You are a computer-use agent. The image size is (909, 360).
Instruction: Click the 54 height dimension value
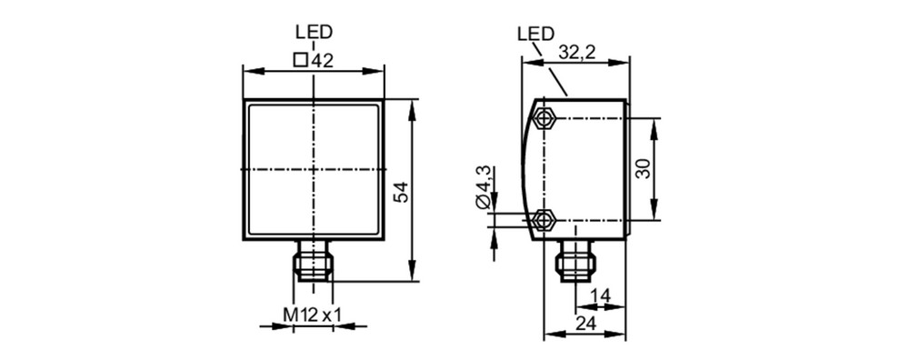(401, 191)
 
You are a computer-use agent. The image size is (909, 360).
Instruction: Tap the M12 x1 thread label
(312, 315)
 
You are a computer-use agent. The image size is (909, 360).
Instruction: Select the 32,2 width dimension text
(578, 52)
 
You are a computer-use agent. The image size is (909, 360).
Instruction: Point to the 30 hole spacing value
(644, 169)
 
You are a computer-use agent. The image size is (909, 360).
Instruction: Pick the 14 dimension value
(600, 295)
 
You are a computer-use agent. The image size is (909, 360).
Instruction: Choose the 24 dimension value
(586, 324)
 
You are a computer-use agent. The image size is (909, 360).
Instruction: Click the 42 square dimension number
(323, 60)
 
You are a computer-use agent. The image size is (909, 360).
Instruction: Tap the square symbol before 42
(300, 60)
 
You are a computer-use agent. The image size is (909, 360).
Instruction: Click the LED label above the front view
(315, 32)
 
